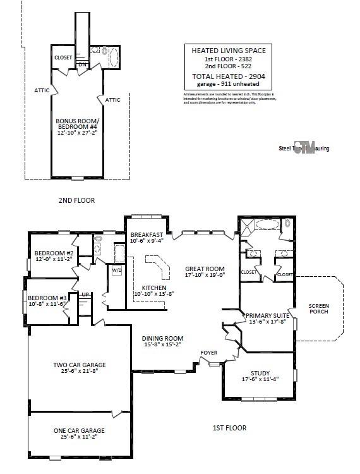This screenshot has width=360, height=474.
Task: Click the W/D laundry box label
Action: pos(117,270)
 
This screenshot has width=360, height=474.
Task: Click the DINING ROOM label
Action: pos(162,338)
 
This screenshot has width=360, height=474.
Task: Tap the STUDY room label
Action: pos(260,373)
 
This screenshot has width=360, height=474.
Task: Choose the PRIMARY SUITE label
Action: pos(268,315)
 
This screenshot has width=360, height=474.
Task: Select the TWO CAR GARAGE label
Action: pos(79,365)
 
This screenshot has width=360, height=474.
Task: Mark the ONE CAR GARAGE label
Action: pos(79,430)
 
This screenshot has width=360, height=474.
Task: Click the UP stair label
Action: pos(85,295)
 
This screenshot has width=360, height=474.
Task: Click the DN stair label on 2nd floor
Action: pos(81,64)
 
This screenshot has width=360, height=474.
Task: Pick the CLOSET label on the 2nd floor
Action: pos(63,58)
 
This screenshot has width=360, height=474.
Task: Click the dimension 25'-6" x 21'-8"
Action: pos(79,372)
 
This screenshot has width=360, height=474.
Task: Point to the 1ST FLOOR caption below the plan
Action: pos(229,428)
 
